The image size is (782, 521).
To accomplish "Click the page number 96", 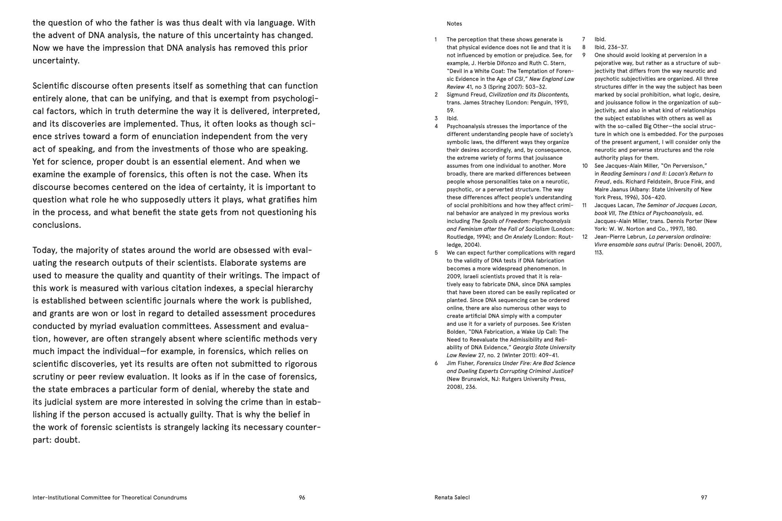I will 302,498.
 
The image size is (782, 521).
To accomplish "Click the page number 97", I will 704,498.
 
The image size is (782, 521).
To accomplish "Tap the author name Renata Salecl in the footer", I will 452,498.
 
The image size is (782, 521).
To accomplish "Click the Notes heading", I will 454,24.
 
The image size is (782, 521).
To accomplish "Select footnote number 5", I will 436,253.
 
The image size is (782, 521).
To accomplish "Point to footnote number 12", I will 585,237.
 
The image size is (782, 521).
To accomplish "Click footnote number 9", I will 584,55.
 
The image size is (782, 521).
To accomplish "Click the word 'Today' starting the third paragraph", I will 45,250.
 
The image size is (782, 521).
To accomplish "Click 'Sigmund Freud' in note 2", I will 466,95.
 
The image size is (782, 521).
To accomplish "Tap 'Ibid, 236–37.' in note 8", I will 611,47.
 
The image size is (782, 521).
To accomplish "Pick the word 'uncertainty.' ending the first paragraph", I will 56,61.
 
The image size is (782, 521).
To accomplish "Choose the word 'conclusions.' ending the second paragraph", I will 57,225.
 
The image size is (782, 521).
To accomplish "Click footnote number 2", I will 436,95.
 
